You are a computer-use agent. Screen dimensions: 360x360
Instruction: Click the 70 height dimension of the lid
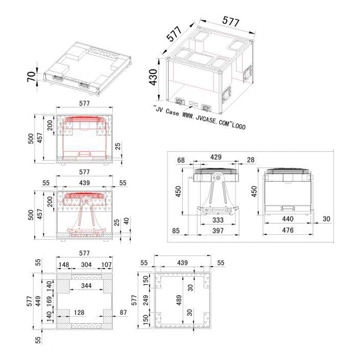(x=31, y=77)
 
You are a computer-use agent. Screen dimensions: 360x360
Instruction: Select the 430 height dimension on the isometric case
(x=153, y=77)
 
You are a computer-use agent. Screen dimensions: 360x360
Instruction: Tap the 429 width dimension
(x=216, y=157)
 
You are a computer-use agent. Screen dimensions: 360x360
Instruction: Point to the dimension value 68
(x=181, y=160)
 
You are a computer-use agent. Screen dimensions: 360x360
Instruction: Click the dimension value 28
(x=251, y=160)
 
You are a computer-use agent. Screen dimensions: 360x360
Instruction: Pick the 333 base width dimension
(x=218, y=220)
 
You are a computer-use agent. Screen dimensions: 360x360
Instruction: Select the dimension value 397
(x=218, y=230)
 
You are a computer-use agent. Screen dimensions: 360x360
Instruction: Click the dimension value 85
(x=176, y=230)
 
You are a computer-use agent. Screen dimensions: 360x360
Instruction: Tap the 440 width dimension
(x=288, y=219)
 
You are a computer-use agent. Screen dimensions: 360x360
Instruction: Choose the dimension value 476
(x=288, y=230)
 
